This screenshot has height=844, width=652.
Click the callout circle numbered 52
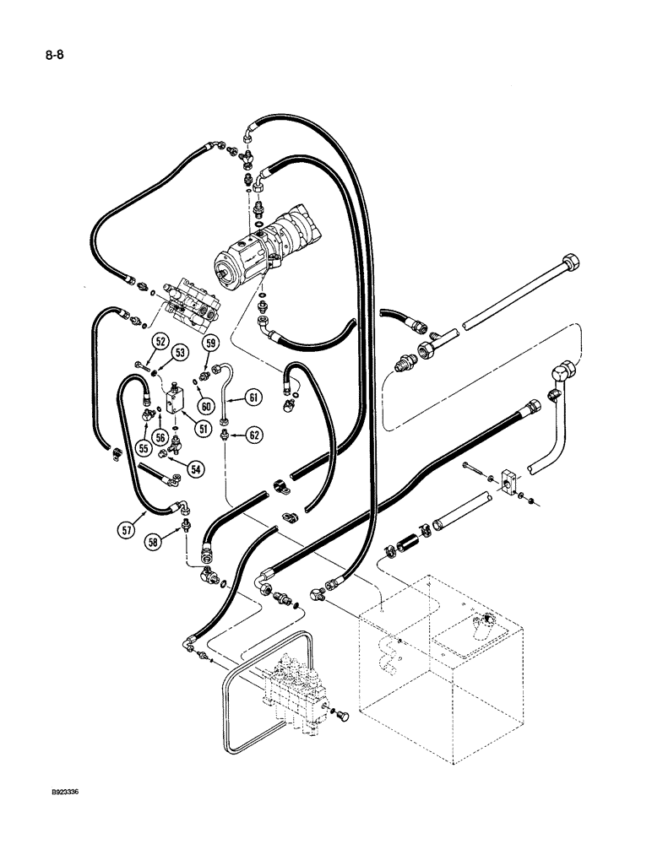click(160, 342)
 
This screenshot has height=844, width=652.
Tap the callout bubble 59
click(211, 343)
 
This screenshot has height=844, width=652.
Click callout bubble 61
click(254, 396)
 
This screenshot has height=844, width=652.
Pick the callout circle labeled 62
click(254, 436)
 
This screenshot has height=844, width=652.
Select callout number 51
click(202, 429)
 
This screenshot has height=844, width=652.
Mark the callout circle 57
click(127, 530)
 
